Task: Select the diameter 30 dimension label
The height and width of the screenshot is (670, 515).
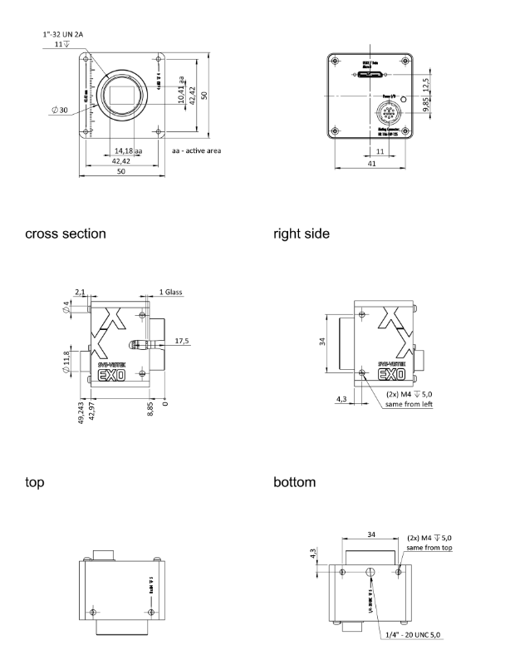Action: [60, 109]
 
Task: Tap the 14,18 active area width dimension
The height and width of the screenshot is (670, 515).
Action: [127, 151]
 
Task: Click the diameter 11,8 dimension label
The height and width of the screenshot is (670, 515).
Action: [67, 362]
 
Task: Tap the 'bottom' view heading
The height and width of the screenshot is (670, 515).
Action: [296, 481]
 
